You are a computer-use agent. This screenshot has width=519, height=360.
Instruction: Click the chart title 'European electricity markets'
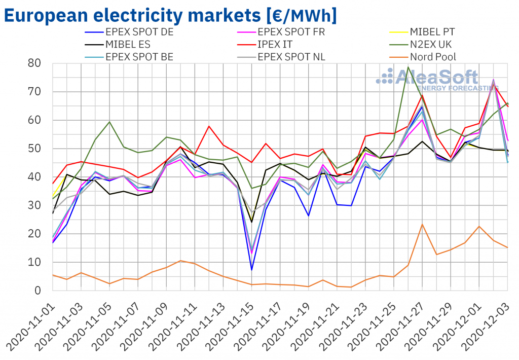coord(170,15)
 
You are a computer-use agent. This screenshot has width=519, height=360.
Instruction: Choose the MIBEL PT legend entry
coord(432,31)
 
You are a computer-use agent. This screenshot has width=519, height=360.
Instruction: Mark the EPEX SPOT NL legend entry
coord(291,57)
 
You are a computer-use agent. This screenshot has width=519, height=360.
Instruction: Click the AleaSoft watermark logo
coord(428,79)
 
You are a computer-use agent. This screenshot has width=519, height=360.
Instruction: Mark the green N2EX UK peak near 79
coord(408,67)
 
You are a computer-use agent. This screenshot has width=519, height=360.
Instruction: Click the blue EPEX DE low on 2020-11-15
coord(252,269)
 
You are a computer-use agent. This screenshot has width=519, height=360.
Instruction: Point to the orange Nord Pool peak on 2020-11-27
coord(422,225)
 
